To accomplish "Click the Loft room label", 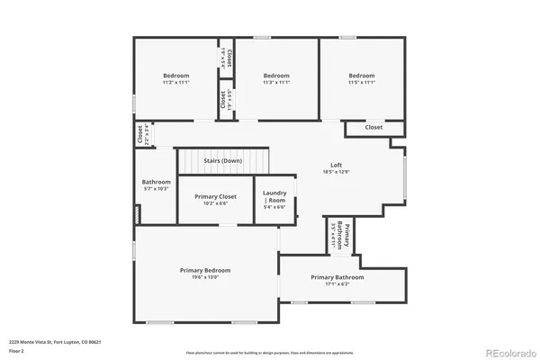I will [x=336, y=165].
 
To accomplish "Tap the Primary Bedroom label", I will [x=204, y=270].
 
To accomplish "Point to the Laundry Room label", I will [x=274, y=196].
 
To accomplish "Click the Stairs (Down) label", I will [x=222, y=160].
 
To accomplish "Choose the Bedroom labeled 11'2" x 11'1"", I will [x=175, y=76].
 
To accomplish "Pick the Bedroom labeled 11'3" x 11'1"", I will [x=275, y=76].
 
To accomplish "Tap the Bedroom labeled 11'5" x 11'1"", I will [x=361, y=76].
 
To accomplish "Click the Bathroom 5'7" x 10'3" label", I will [x=156, y=182].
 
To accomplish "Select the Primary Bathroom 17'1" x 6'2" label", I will [x=337, y=277].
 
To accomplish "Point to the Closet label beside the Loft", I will [x=373, y=128].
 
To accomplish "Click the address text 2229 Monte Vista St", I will [x=55, y=342].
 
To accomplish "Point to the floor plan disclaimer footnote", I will [x=269, y=352].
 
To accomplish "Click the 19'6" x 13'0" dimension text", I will [x=204, y=277].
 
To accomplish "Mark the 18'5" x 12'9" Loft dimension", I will [x=336, y=172].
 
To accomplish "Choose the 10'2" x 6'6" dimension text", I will [x=215, y=203].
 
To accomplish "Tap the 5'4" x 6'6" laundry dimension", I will [x=274, y=207].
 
